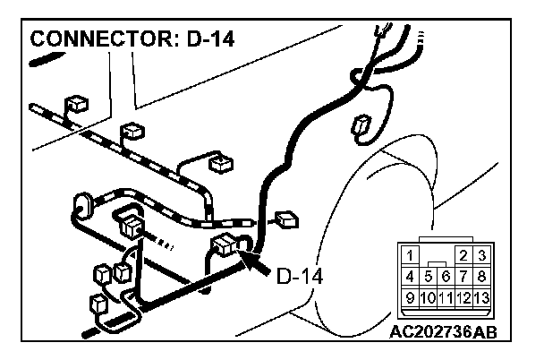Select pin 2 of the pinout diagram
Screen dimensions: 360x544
(463, 256)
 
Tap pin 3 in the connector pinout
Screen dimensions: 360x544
(481, 256)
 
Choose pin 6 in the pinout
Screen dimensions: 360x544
(446, 277)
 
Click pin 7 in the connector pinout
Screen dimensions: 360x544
(463, 276)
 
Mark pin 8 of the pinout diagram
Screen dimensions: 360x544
(481, 276)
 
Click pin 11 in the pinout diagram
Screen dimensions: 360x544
(446, 296)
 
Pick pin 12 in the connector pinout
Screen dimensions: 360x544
(463, 296)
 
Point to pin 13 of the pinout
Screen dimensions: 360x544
(481, 296)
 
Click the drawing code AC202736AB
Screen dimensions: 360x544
(443, 330)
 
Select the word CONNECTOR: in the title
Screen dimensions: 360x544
(99, 40)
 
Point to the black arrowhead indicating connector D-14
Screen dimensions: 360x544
(253, 259)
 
